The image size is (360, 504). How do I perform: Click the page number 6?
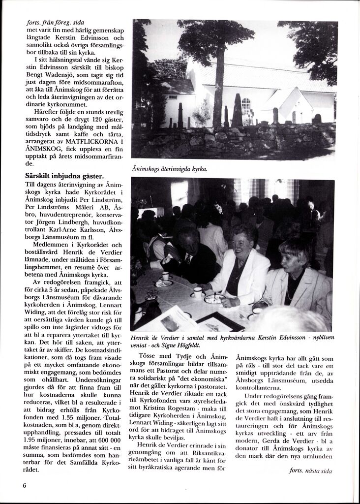coord(24,485)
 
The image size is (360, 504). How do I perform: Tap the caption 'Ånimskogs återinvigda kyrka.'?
coord(170,168)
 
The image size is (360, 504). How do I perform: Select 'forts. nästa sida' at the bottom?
coord(310,471)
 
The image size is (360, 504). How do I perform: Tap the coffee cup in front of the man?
coord(165,276)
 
